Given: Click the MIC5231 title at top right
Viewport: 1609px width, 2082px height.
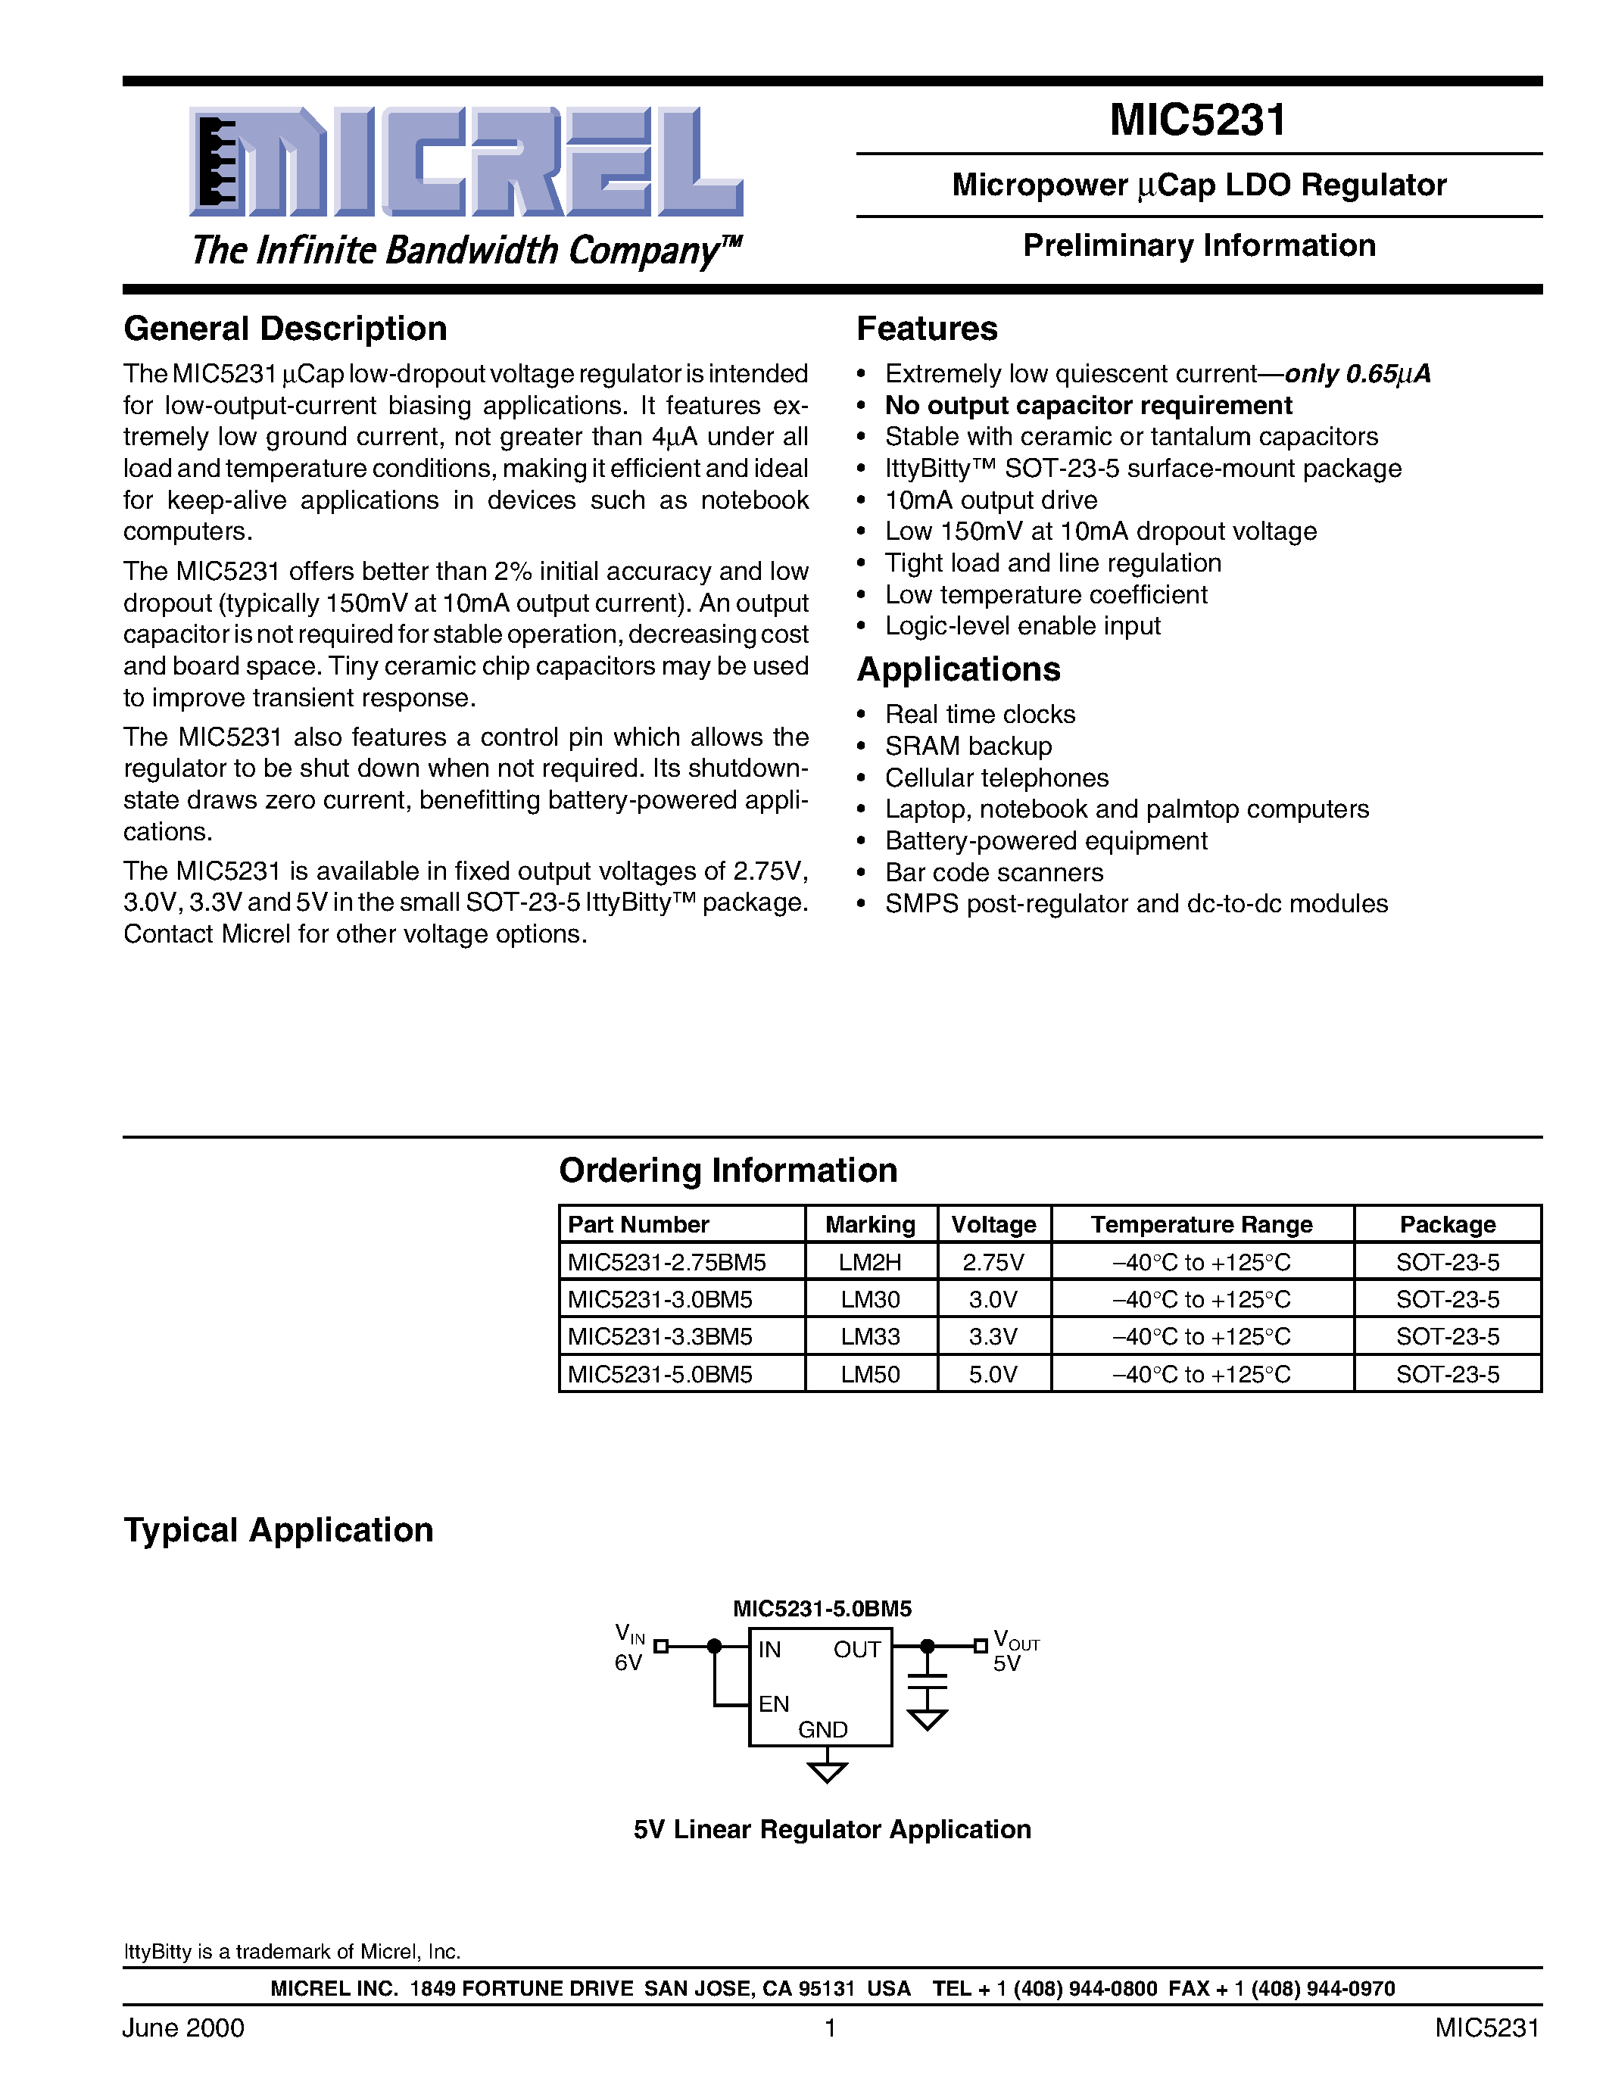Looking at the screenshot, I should click(x=1197, y=120).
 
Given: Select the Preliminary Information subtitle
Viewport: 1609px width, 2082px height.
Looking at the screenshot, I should click(x=1198, y=246).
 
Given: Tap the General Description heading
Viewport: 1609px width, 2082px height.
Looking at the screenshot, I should click(x=285, y=329).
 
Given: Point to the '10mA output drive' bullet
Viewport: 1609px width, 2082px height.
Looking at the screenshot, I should click(x=990, y=500).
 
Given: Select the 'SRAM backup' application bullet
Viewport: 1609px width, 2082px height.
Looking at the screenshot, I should click(x=968, y=746).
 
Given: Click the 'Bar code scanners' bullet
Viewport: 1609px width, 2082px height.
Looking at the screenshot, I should click(x=993, y=872).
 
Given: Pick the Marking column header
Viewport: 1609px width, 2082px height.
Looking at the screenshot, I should click(x=869, y=1224).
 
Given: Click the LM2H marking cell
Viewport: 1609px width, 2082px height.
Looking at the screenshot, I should click(x=869, y=1262).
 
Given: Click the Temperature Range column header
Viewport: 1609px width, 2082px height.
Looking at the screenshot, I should click(x=1201, y=1224).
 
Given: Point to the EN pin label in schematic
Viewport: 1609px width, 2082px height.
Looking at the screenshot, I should click(x=773, y=1703).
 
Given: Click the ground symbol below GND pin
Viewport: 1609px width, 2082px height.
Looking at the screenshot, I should click(x=826, y=1772).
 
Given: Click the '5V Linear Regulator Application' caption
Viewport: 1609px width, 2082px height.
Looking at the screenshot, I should click(x=832, y=1829).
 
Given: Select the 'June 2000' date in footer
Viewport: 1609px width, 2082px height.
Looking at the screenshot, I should click(x=183, y=2027).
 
